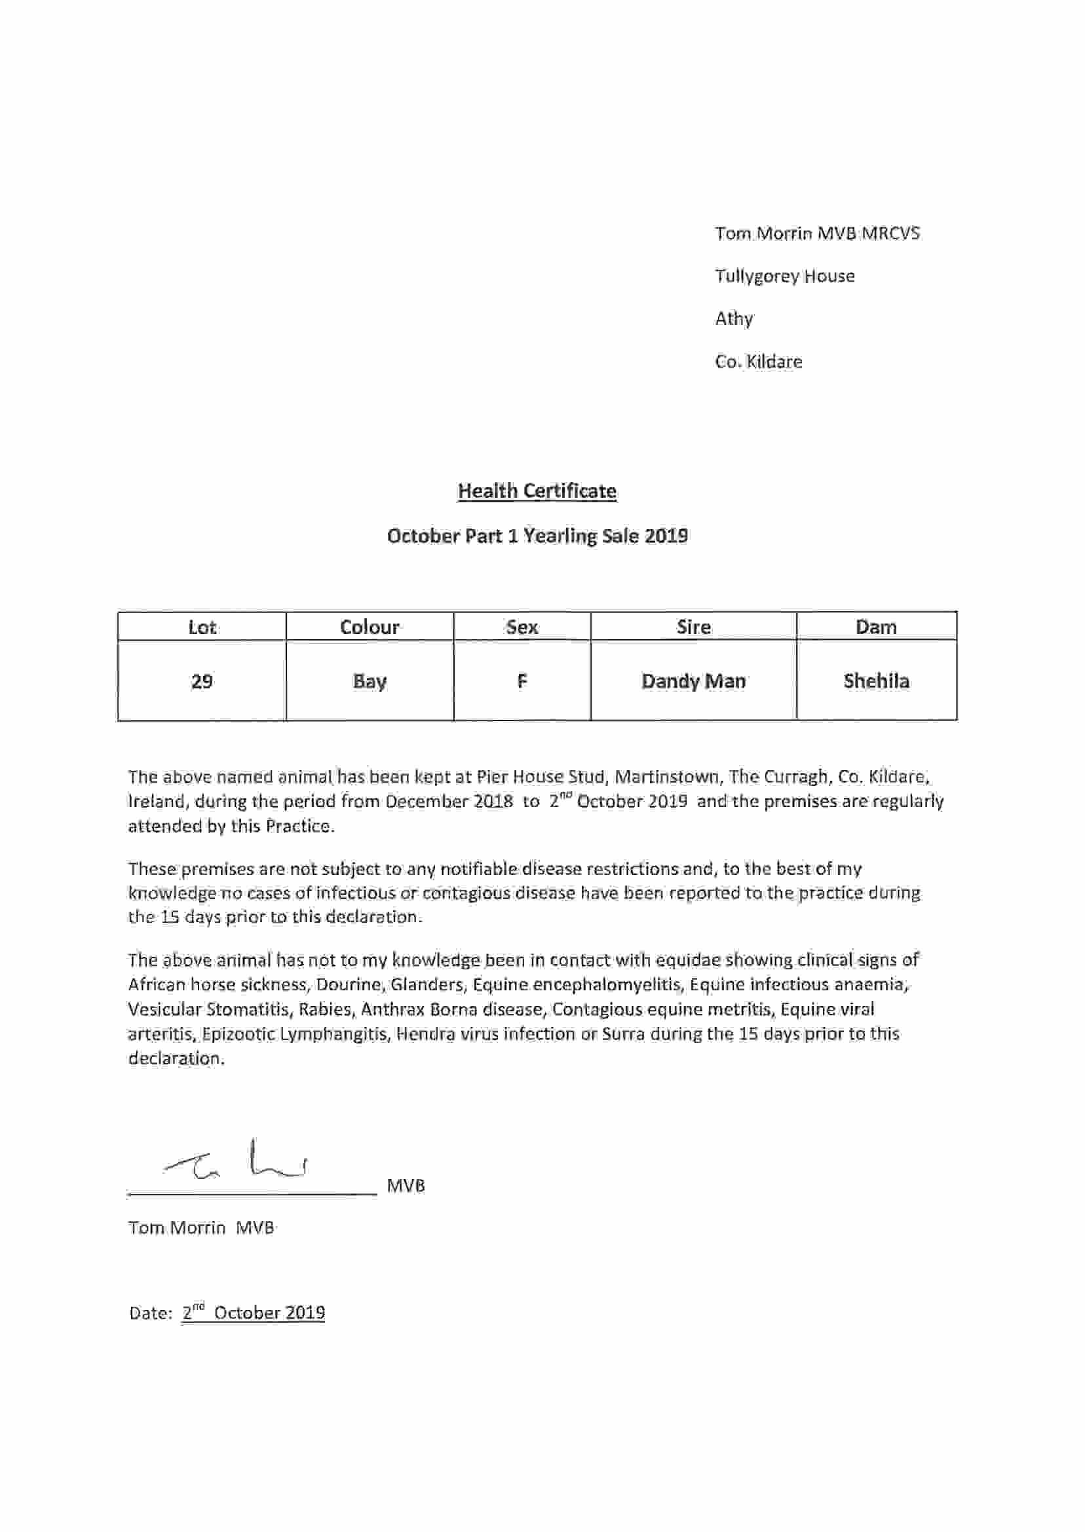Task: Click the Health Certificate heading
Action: coord(537,491)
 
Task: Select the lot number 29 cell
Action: coord(202,681)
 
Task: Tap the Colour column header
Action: coord(370,627)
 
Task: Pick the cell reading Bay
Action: coord(370,681)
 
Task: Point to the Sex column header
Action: coord(522,627)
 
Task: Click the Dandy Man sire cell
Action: coord(693,681)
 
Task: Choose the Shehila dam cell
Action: coord(876,681)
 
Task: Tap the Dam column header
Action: coord(876,627)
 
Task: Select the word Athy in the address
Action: coord(734,318)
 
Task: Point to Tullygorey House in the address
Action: coord(784,276)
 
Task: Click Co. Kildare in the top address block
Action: coord(758,362)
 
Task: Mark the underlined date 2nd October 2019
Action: coord(253,1313)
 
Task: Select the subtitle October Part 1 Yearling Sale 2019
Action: coord(537,536)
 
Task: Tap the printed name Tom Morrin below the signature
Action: coord(176,1227)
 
